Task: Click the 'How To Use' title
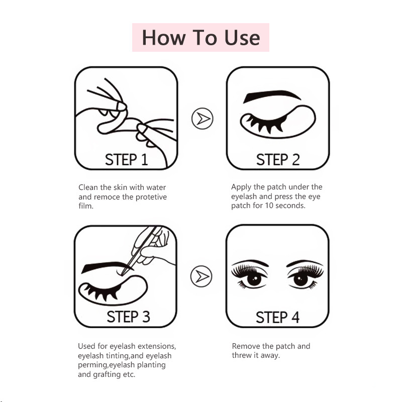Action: [x=201, y=38]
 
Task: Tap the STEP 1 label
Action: [x=127, y=159]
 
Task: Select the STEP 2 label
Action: [x=278, y=159]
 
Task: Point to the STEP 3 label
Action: [x=128, y=317]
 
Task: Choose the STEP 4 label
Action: [x=278, y=317]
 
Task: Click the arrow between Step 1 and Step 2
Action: [x=203, y=119]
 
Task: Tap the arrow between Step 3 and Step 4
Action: [x=202, y=276]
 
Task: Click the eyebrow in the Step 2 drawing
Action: [x=272, y=96]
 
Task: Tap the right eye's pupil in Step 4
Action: [x=300, y=279]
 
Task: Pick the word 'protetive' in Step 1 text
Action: [x=151, y=197]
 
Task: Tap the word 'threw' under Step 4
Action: [x=242, y=355]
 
